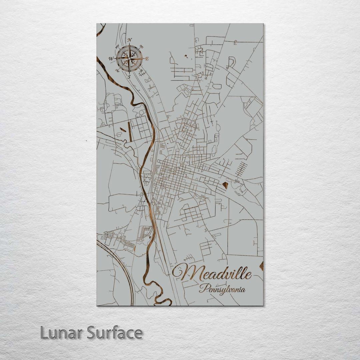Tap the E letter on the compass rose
[x=147, y=59]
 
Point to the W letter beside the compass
[x=111, y=59]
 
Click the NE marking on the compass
[x=141, y=46]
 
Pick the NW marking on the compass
[x=117, y=47]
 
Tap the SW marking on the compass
[x=117, y=70]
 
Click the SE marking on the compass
[x=141, y=71]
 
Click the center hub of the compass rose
[x=129, y=59]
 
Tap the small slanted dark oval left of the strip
[x=123, y=129]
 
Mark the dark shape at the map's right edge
[x=261, y=266]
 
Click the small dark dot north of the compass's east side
[x=185, y=56]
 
